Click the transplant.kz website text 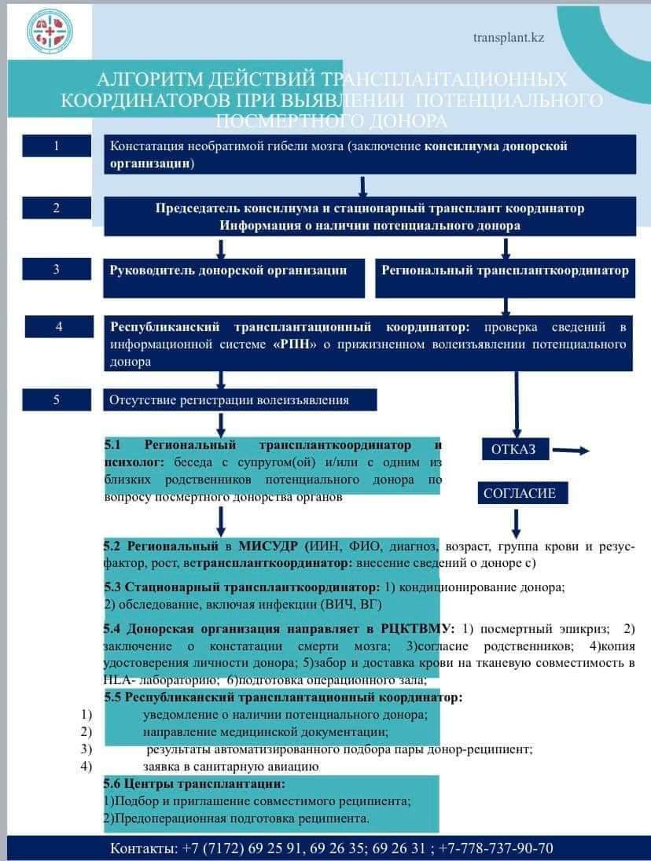(x=509, y=37)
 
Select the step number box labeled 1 (x=56, y=145)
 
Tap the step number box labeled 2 (x=56, y=208)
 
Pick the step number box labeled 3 (x=56, y=269)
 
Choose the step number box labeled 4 (x=59, y=326)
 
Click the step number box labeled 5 (x=56, y=399)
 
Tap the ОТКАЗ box (x=513, y=449)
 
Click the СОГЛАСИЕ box (x=520, y=493)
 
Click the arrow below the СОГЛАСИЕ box (x=516, y=522)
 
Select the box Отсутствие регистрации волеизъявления (x=241, y=399)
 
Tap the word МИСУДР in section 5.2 (x=273, y=546)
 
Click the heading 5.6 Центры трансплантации (x=194, y=784)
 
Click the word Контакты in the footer (x=143, y=848)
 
